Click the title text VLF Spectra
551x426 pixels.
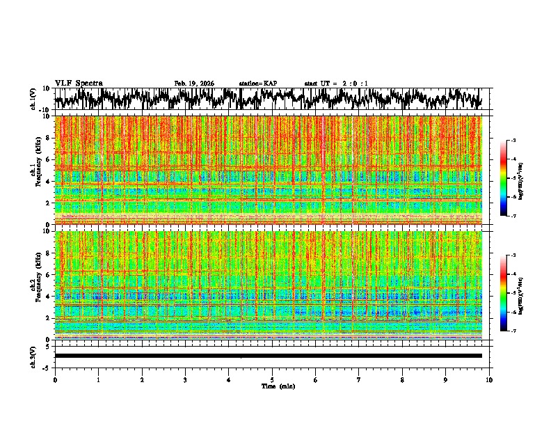[79, 84]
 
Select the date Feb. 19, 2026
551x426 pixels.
[194, 84]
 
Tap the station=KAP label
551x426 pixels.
[257, 84]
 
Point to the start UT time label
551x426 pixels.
[336, 84]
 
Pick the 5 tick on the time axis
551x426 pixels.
[272, 380]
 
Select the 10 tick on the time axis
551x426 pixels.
[489, 380]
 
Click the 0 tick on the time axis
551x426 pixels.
[55, 380]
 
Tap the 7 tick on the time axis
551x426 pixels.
[359, 380]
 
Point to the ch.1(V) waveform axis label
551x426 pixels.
[33, 99]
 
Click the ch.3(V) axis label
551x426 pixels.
[33, 356]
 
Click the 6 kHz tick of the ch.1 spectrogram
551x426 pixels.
[48, 159]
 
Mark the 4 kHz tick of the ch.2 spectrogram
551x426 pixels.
[48, 296]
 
